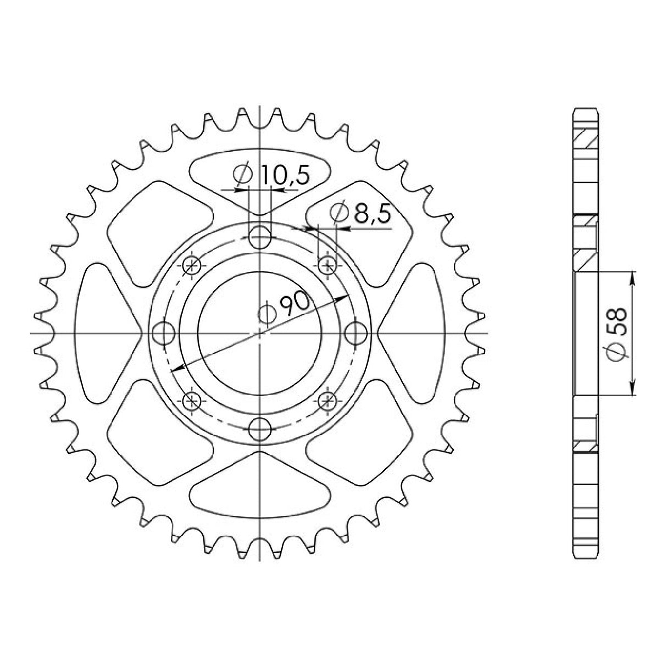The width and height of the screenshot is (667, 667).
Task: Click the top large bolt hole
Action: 260,238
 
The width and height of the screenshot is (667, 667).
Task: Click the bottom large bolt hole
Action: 260,429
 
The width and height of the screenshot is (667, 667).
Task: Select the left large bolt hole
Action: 164,333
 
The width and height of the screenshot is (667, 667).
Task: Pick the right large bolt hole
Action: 356,333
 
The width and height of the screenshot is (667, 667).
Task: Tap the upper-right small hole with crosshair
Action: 328,266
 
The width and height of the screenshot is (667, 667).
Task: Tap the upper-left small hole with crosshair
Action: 192,266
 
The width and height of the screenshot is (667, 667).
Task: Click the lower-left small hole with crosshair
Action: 192,401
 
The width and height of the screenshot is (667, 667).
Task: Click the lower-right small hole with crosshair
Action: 328,401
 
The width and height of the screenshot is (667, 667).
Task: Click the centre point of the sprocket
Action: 260,333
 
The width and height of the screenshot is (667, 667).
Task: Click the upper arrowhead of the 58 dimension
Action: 633,278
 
